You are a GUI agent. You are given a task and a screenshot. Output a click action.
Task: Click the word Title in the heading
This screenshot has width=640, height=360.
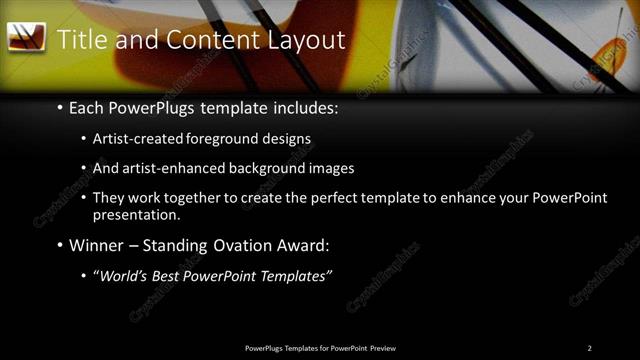point(82,40)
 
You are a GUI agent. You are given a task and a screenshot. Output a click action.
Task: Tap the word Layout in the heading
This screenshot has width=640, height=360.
point(306,40)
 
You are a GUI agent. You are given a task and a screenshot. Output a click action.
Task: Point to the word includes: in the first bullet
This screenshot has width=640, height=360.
point(293,107)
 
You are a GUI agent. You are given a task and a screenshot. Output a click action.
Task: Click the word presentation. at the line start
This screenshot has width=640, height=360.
point(136,214)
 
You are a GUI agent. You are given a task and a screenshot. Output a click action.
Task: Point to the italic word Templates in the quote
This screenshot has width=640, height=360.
point(294,276)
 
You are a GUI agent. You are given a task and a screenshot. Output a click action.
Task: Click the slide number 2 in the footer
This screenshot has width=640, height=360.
point(589,347)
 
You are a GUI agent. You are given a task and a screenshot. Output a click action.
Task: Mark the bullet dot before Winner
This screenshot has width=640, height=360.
point(60,245)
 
